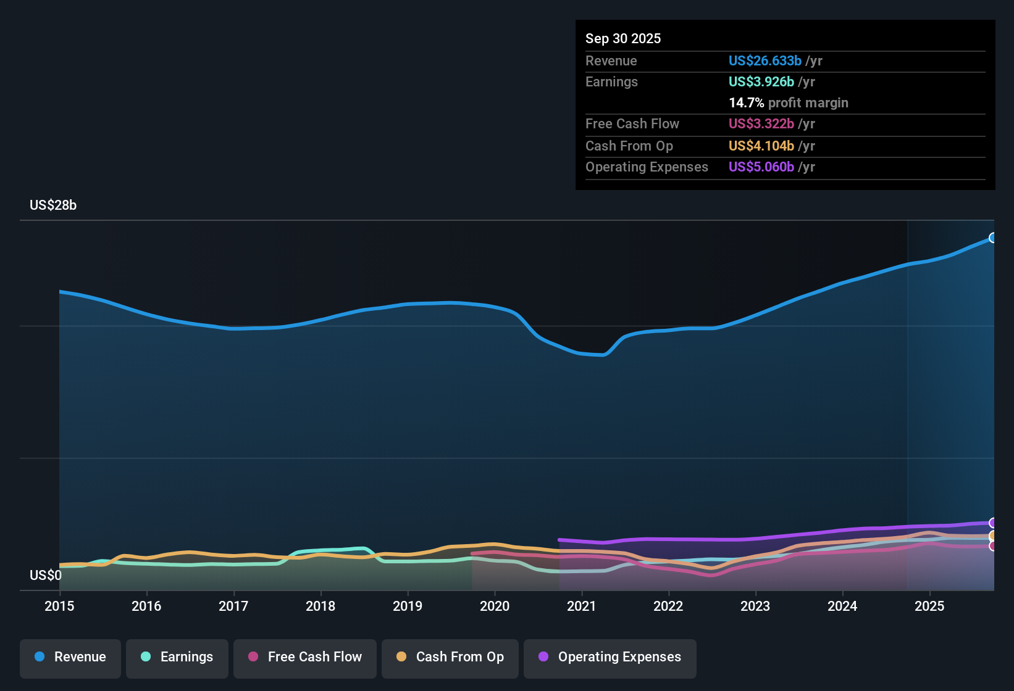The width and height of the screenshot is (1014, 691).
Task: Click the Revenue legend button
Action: (x=70, y=657)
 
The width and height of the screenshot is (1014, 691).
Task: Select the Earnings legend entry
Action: (x=177, y=657)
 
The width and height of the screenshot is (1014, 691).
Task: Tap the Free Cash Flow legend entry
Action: (x=305, y=657)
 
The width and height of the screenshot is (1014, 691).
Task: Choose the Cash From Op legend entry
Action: (x=450, y=657)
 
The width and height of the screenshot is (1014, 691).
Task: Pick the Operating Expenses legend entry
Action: (x=610, y=657)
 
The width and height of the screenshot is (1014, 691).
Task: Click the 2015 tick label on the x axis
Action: (x=59, y=606)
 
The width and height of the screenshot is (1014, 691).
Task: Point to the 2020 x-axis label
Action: (x=495, y=606)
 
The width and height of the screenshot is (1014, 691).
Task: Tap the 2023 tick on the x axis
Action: (x=755, y=606)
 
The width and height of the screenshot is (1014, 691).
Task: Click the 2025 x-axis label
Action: (x=929, y=606)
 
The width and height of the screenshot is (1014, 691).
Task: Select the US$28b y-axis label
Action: (x=53, y=205)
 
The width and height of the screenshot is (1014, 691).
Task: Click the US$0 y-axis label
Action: (x=46, y=576)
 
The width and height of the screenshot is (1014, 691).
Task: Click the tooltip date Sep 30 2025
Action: (x=623, y=38)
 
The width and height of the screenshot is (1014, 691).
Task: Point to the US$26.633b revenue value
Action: (x=765, y=60)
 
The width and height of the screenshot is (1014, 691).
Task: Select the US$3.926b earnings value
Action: (x=761, y=81)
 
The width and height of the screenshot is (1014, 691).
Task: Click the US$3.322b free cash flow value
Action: (x=761, y=123)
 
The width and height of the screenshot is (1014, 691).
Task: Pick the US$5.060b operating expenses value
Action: (x=761, y=167)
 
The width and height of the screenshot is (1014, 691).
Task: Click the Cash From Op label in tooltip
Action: (x=629, y=146)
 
